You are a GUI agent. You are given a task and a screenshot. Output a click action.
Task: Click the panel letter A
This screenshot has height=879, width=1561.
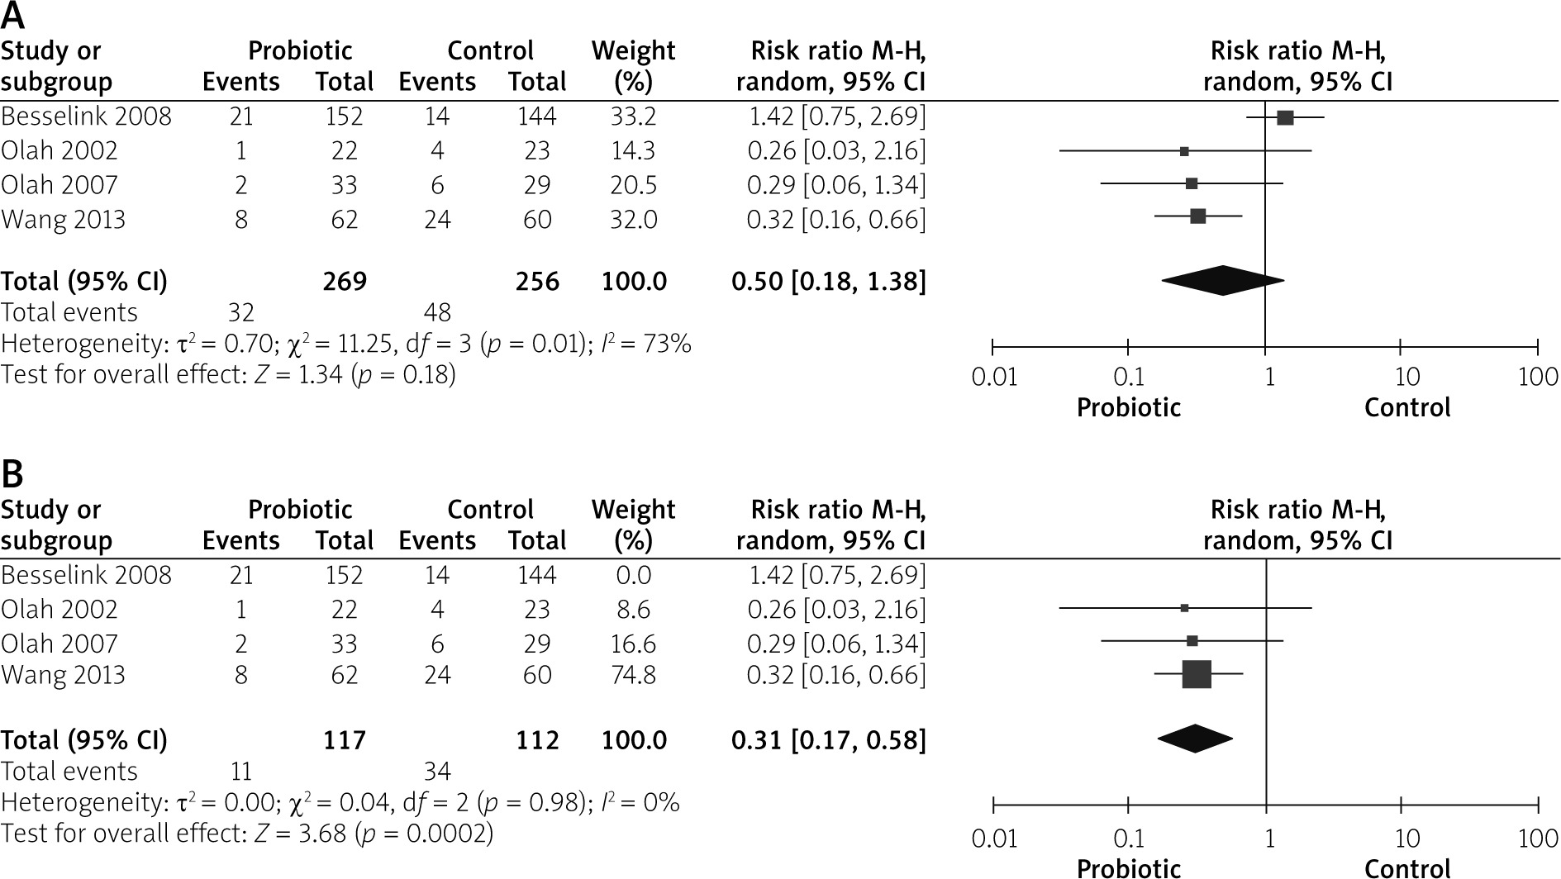tap(13, 16)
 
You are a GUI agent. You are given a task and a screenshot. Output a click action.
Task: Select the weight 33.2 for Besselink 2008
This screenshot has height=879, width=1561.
tap(633, 116)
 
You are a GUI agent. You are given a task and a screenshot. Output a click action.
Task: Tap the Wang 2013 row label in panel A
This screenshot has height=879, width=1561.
tap(63, 220)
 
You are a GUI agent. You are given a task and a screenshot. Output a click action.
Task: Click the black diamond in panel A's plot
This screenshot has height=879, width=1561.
tap(1222, 281)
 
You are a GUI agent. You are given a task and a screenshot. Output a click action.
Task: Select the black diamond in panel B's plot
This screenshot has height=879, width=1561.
tap(1195, 739)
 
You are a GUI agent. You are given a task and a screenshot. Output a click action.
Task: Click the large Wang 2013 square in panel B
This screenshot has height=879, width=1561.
tap(1197, 674)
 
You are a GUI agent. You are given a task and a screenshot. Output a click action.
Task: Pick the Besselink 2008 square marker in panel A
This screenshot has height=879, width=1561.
tap(1285, 118)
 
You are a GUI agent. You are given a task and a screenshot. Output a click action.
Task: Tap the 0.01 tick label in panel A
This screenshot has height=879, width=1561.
tap(994, 378)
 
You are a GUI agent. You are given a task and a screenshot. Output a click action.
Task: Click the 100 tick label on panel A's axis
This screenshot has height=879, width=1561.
tap(1538, 378)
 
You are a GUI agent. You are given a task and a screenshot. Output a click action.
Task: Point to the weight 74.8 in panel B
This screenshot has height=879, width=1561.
tap(633, 675)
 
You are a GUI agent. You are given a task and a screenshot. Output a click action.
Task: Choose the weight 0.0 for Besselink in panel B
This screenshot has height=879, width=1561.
tap(633, 575)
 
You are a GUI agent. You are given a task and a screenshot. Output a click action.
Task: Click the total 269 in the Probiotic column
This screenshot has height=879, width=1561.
tap(345, 282)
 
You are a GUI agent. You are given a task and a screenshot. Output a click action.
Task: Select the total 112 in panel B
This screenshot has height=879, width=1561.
tap(537, 740)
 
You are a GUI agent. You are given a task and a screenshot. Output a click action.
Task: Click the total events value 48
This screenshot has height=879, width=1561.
tap(437, 312)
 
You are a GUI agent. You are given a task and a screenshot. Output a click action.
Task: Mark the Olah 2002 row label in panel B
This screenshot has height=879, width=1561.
tap(59, 610)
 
